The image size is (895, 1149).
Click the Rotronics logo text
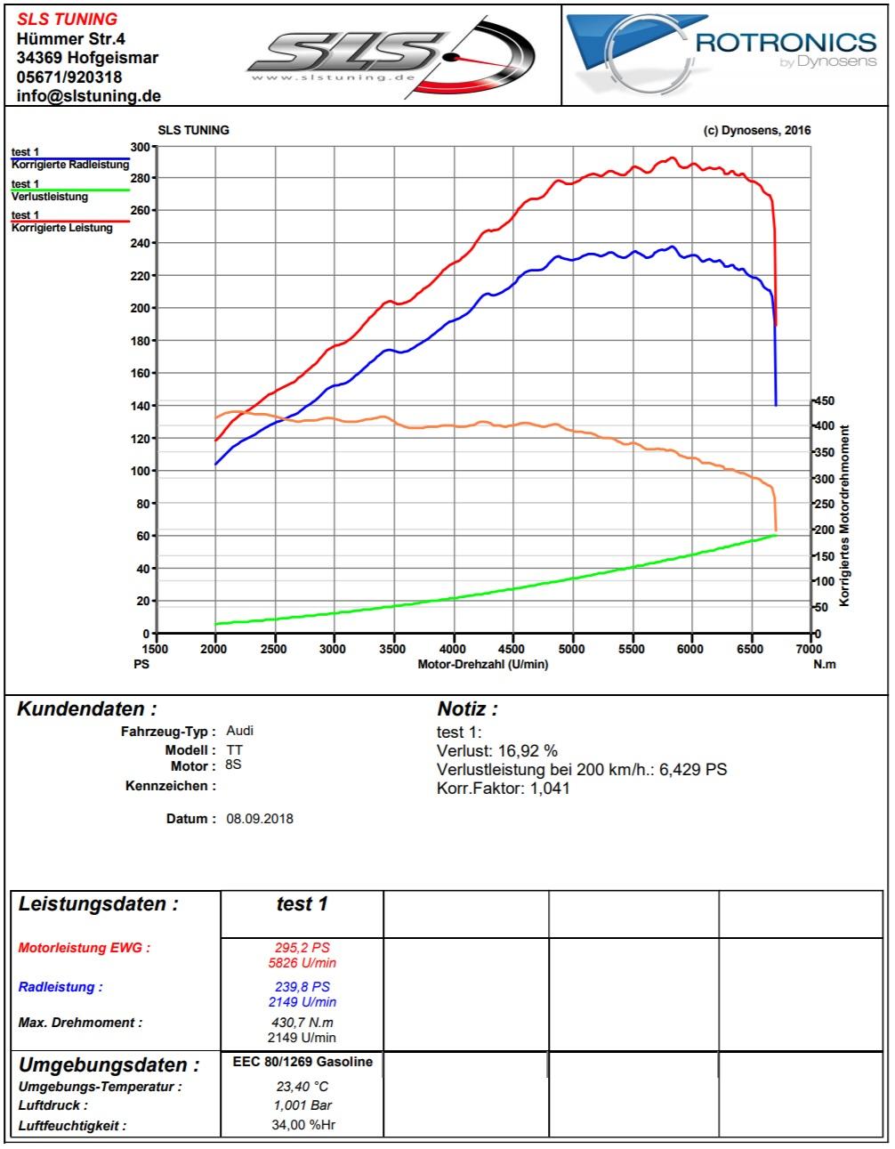[x=786, y=42]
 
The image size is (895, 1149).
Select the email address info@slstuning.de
[x=89, y=96]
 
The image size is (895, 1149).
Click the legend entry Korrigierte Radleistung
[x=69, y=165]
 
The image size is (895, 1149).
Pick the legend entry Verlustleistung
[x=49, y=197]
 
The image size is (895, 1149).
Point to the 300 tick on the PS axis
[x=140, y=146]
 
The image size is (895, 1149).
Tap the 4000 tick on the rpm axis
[x=454, y=649]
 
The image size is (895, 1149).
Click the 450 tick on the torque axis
[x=826, y=401]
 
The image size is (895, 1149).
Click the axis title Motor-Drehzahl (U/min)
[x=483, y=665]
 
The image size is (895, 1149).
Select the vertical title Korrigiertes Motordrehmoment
[x=844, y=515]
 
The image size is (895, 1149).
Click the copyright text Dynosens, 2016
[x=757, y=130]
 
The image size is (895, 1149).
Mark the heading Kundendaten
[x=87, y=709]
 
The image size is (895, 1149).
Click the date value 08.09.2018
[x=260, y=818]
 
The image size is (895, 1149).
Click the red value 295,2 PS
[x=302, y=948]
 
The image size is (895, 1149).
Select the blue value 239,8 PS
[x=302, y=987]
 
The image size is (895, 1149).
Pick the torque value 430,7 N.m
[x=302, y=1023]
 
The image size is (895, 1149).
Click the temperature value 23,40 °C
[x=302, y=1086]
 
